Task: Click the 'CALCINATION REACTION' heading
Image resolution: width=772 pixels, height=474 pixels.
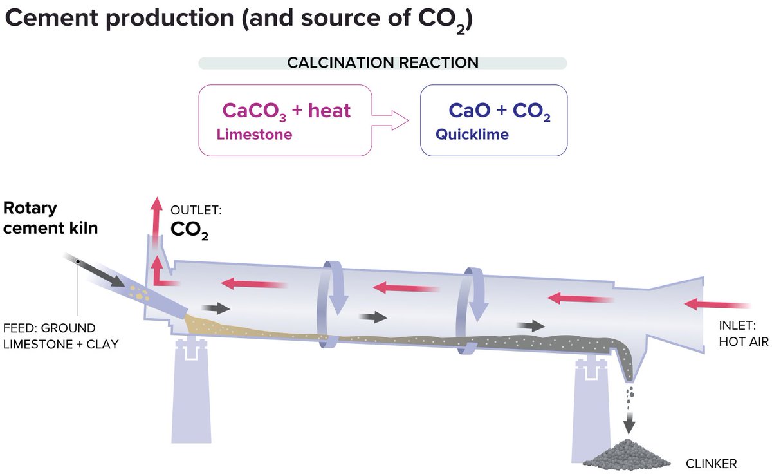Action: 383,63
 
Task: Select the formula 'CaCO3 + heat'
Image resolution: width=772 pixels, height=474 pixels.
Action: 286,111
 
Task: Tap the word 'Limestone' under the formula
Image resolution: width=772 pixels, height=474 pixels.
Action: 254,135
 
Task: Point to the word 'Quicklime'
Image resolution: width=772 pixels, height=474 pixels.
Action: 472,135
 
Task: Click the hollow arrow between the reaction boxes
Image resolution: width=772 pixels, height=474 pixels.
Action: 392,120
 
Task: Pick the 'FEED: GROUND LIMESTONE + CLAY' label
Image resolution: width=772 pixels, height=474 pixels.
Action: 61,336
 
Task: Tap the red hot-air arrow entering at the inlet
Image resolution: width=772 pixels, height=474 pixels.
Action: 717,304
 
